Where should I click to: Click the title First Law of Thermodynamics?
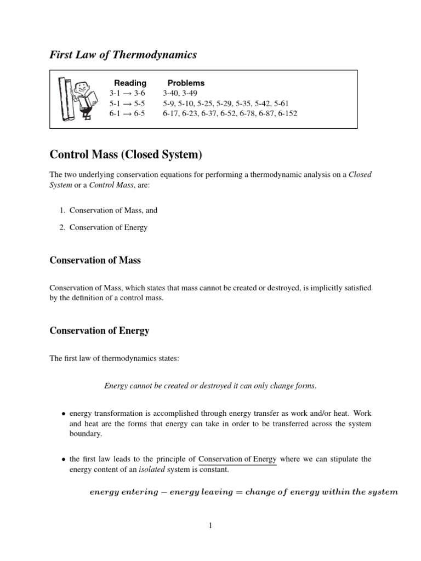pyautogui.click(x=123, y=54)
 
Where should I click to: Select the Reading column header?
pyautogui.click(x=130, y=83)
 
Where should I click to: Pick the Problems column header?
pyautogui.click(x=186, y=83)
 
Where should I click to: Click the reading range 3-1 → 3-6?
pyautogui.click(x=127, y=93)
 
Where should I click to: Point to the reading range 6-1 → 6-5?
pyautogui.click(x=127, y=113)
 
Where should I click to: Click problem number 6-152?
pyautogui.click(x=286, y=113)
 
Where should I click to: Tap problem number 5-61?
pyautogui.click(x=278, y=103)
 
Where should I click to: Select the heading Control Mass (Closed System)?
pyautogui.click(x=126, y=155)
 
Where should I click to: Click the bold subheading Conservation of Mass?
pyautogui.click(x=95, y=260)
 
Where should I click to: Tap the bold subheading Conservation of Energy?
pyautogui.click(x=99, y=330)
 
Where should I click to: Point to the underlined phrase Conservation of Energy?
pyautogui.click(x=237, y=459)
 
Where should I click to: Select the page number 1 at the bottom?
pyautogui.click(x=210, y=526)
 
